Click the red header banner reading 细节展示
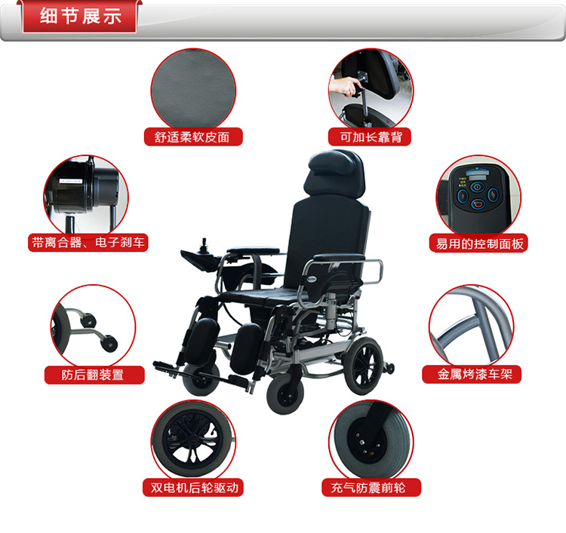[x=79, y=17]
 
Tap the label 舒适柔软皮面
[x=193, y=136]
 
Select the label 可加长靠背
[x=370, y=136]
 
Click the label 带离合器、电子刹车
[x=88, y=242]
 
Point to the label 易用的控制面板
[x=478, y=244]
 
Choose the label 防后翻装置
[x=94, y=375]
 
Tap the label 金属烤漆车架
[x=472, y=374]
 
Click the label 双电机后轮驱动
[x=193, y=487]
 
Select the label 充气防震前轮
[x=371, y=487]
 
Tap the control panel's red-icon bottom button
[x=478, y=204]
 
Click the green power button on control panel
[x=477, y=187]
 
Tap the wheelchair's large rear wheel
[x=363, y=366]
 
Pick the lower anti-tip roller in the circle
[x=109, y=343]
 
